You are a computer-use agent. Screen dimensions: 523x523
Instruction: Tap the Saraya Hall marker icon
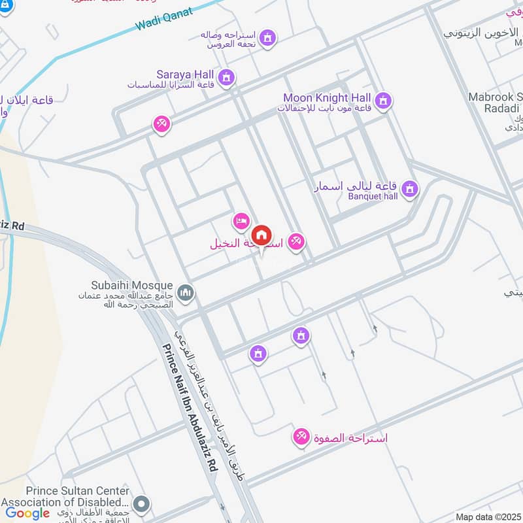pos(226,78)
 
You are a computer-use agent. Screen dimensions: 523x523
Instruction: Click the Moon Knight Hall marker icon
pos(384,100)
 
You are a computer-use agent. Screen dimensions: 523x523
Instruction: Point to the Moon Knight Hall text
pos(327,98)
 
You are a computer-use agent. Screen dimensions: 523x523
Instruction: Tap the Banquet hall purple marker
pos(410,189)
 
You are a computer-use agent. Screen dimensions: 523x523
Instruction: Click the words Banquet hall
pos(373,195)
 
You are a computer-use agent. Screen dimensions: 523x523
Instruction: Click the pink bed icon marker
pos(241,221)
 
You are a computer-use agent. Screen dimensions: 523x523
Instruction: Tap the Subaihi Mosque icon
pos(186,292)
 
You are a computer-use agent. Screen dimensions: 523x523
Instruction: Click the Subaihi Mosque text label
pos(132,286)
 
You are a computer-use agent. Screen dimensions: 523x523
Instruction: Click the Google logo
pos(28,513)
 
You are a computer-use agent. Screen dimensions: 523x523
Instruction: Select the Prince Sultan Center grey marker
pos(141,504)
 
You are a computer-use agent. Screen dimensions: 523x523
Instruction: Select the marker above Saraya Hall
pos(267,39)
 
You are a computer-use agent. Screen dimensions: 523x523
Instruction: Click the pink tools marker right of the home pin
pos(296,241)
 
